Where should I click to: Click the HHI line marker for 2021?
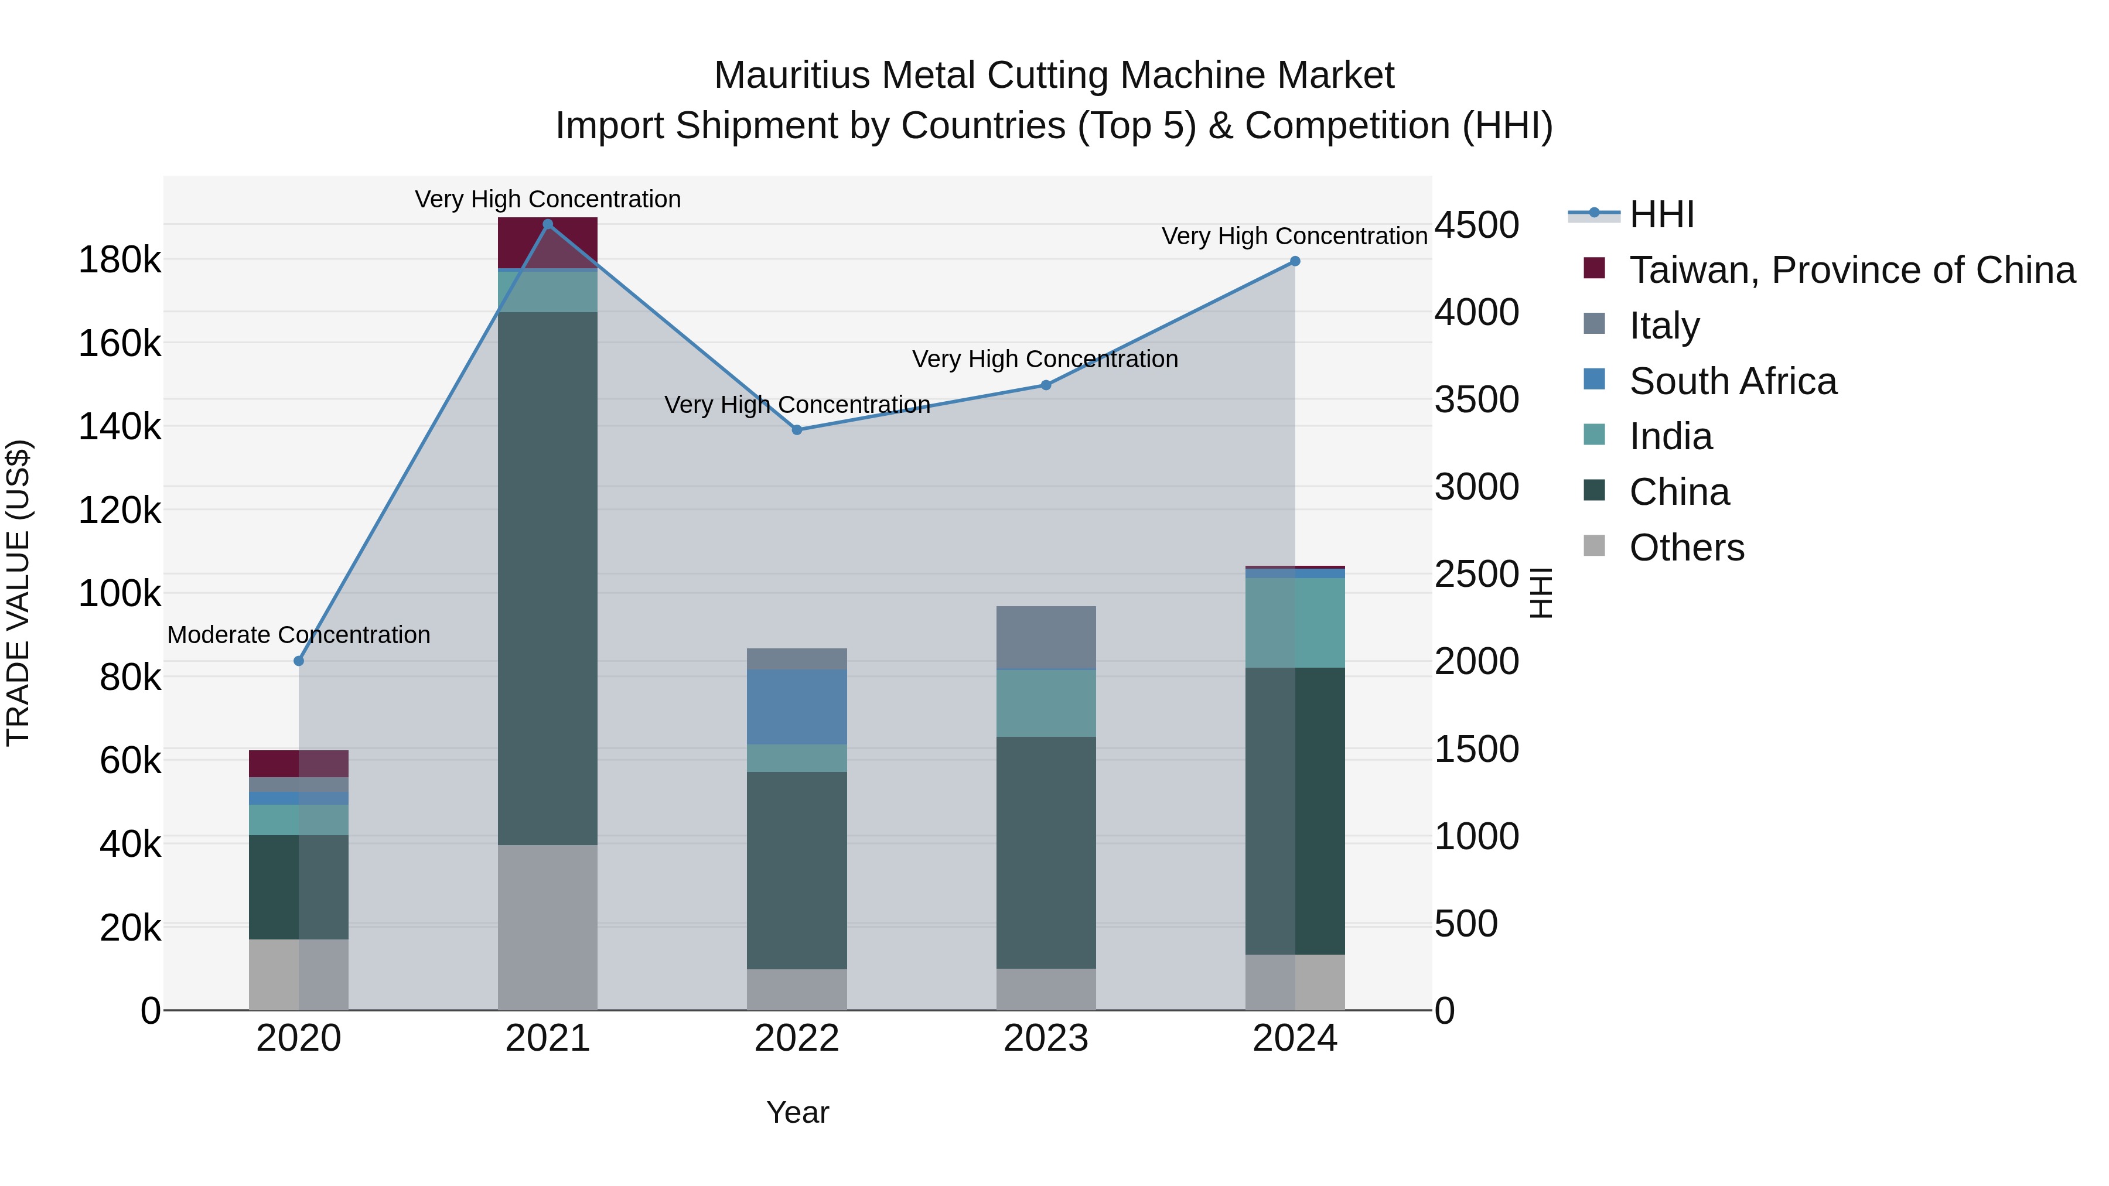pyautogui.click(x=548, y=224)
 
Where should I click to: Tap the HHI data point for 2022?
pyautogui.click(x=797, y=430)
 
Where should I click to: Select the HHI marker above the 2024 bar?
pyautogui.click(x=1294, y=261)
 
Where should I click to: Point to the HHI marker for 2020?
pyautogui.click(x=299, y=661)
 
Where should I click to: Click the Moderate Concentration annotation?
pyautogui.click(x=299, y=635)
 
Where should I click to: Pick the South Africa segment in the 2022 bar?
pyautogui.click(x=797, y=707)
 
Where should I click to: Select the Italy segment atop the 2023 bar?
pyautogui.click(x=1046, y=638)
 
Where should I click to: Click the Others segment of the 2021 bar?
pyautogui.click(x=548, y=927)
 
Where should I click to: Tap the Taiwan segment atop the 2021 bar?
pyautogui.click(x=548, y=242)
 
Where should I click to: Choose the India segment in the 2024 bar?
pyautogui.click(x=1294, y=623)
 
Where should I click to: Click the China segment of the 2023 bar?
pyautogui.click(x=1046, y=852)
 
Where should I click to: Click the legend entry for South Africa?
pyautogui.click(x=1732, y=381)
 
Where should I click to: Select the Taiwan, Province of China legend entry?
pyautogui.click(x=1852, y=270)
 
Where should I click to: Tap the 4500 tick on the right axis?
pyautogui.click(x=1476, y=225)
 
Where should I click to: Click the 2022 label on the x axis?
pyautogui.click(x=797, y=1038)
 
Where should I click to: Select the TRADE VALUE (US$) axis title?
pyautogui.click(x=18, y=593)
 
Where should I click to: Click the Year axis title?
pyautogui.click(x=797, y=1112)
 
